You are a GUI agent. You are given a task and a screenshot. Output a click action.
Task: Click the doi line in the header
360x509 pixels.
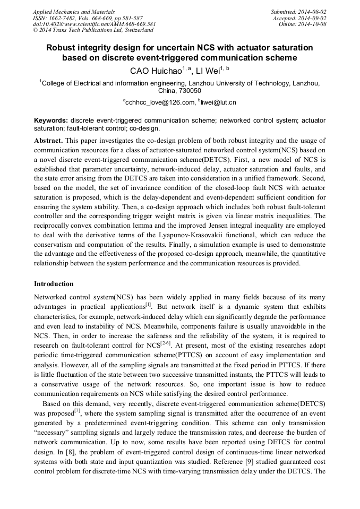tap(94, 24)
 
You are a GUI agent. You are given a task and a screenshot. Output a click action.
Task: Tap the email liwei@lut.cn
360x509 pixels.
tap(218, 102)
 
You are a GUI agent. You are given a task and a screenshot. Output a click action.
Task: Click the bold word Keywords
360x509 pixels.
tap(50, 120)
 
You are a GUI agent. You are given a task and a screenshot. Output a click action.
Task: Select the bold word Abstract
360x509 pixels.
tap(48, 140)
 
